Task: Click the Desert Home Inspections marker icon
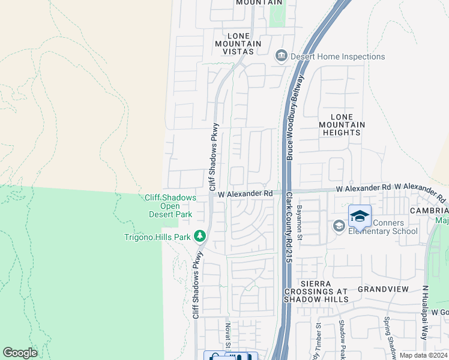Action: coord(281,56)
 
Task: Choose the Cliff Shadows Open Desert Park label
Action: coord(170,206)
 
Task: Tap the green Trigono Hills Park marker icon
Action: coord(199,237)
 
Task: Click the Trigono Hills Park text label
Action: coord(157,237)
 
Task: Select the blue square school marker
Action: coord(360,217)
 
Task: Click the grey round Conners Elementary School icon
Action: coord(339,226)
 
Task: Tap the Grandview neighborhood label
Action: coord(383,289)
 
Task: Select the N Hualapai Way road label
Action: coord(424,321)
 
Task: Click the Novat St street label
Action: coord(228,334)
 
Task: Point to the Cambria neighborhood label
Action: coord(429,211)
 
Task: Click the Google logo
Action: coord(20,353)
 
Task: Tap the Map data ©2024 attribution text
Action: coord(423,355)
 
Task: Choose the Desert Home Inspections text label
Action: coord(337,56)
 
